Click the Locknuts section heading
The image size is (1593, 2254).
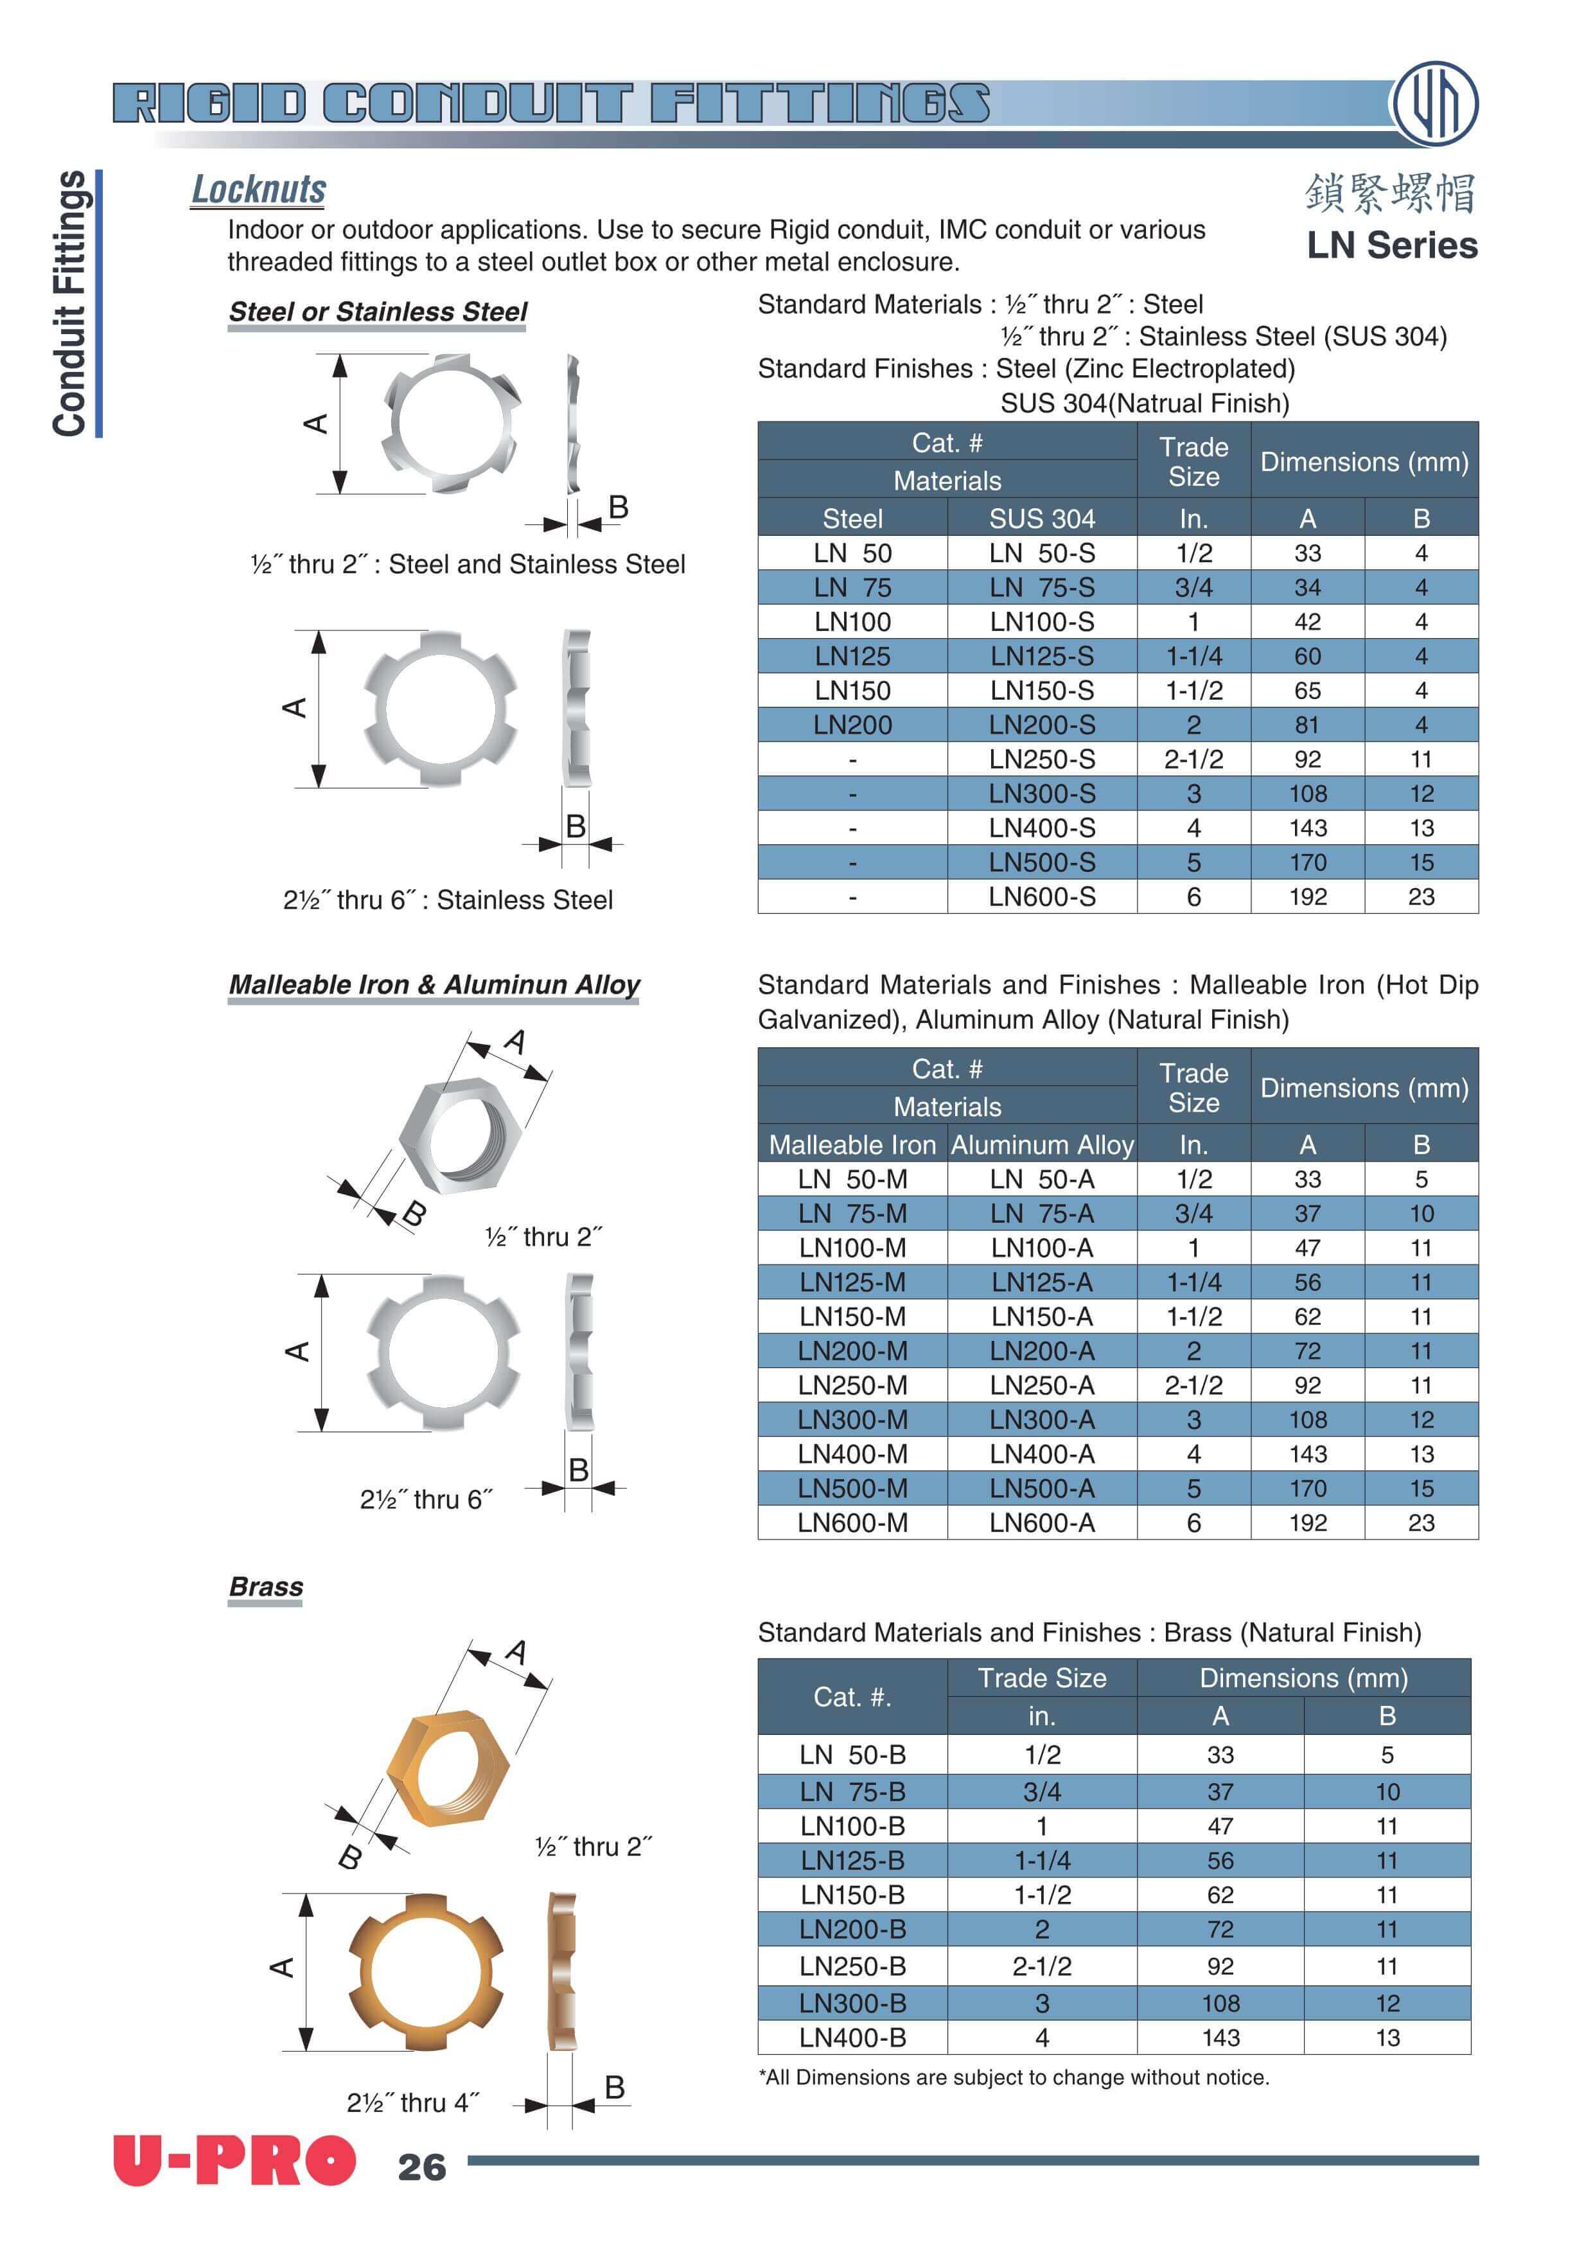pos(258,190)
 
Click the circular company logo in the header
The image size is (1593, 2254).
pos(1435,103)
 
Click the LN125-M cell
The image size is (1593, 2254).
pos(852,1282)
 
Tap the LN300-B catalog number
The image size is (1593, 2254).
pos(852,2003)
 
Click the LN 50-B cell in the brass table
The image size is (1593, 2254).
pos(852,1754)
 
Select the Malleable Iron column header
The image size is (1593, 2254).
pos(852,1145)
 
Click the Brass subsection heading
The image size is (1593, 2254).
pos(266,1586)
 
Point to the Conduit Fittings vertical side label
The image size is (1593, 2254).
pos(71,305)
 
